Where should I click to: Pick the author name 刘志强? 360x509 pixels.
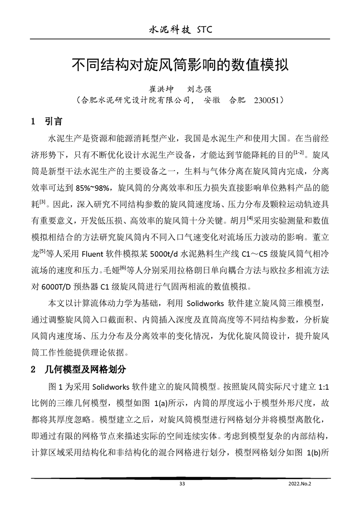click(x=199, y=89)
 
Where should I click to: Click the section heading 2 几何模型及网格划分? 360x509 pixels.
click(x=77, y=369)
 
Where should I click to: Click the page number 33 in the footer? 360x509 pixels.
click(x=182, y=484)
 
